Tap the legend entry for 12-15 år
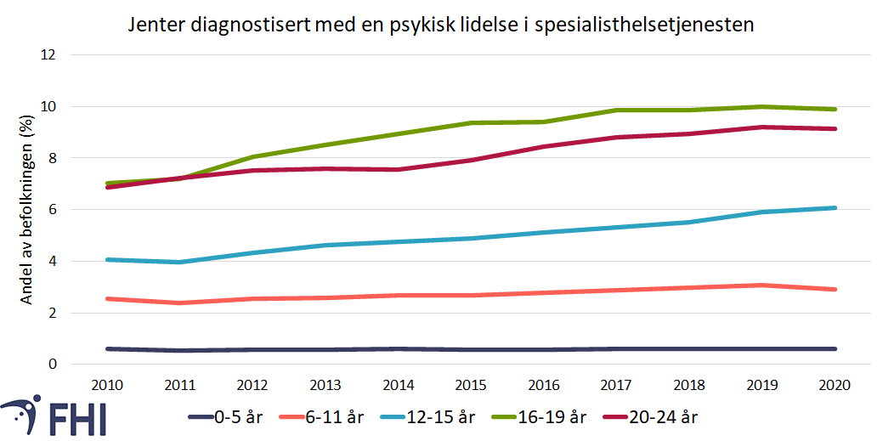[x=455, y=417]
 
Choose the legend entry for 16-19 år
[x=568, y=417]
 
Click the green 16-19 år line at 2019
[x=763, y=106]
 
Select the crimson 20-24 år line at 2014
[x=399, y=169]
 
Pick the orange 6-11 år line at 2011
[x=180, y=302]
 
